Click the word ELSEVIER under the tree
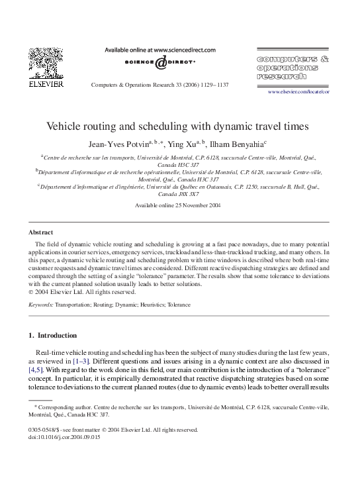coord(46,84)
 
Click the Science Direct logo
coord(160,62)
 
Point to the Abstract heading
coord(40,232)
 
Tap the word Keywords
coord(41,305)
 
